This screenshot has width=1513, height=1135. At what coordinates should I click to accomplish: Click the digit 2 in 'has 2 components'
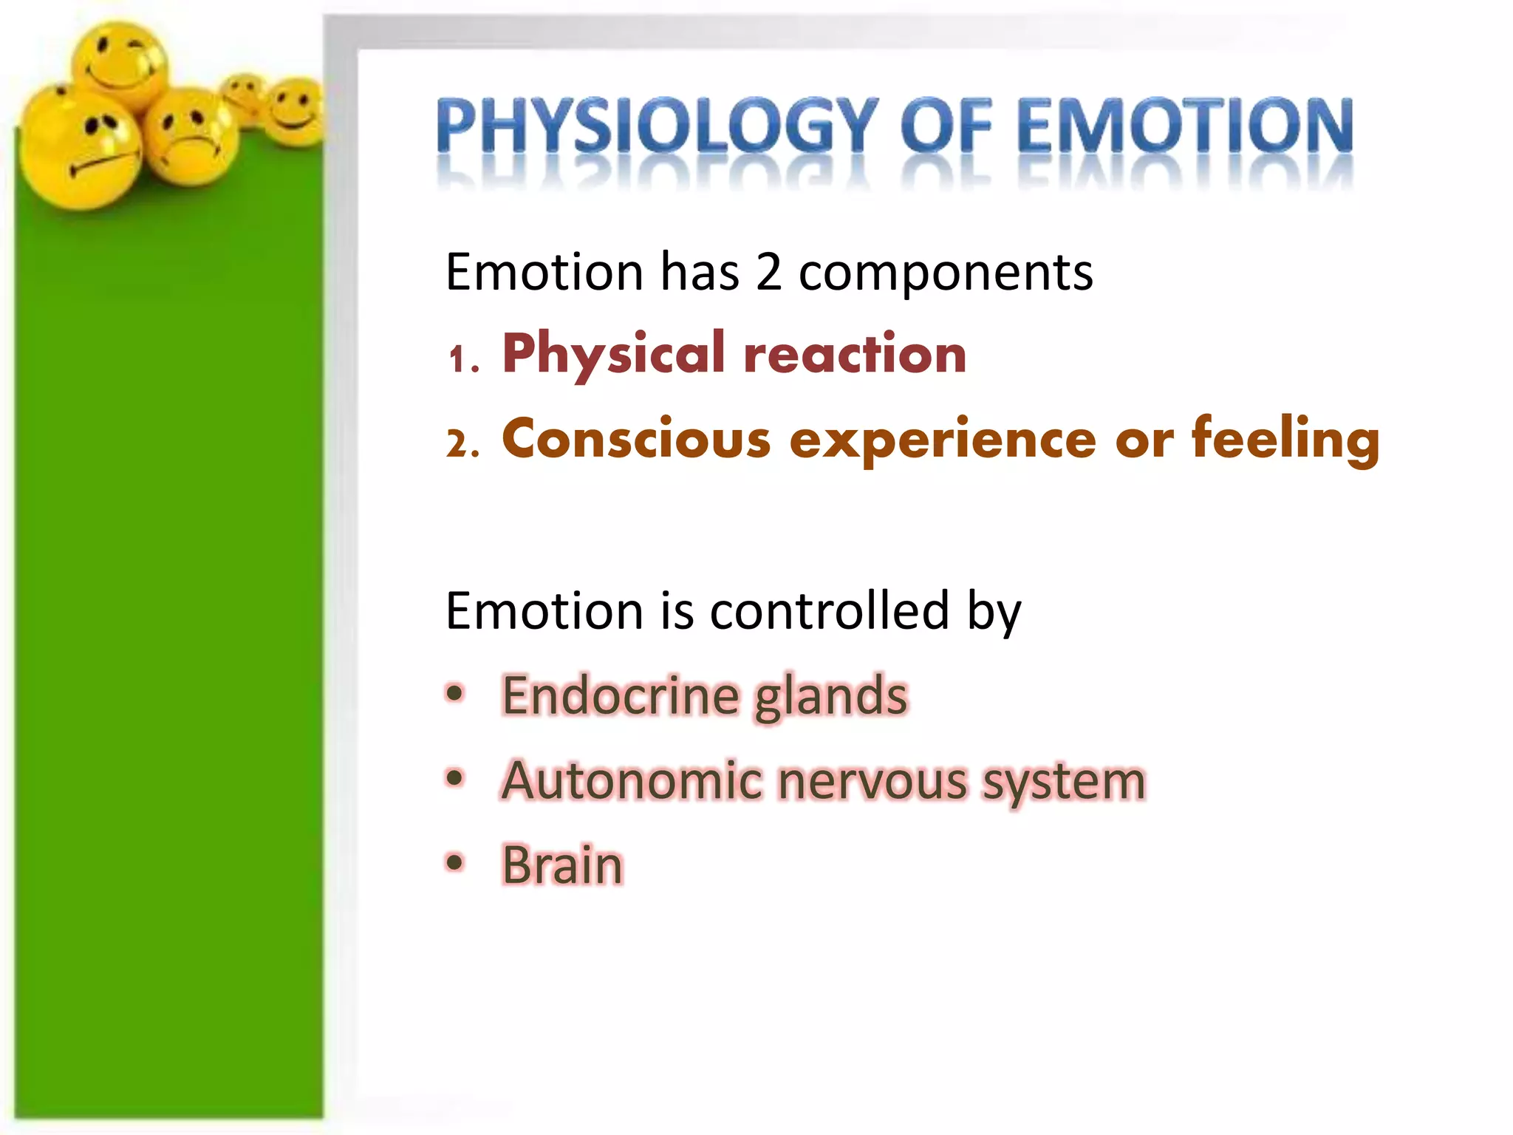768,272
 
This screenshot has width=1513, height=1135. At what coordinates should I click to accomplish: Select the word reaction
855,355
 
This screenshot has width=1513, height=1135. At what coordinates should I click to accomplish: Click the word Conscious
636,440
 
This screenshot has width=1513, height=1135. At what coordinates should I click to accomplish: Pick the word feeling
1285,440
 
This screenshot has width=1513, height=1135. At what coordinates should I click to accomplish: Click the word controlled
829,611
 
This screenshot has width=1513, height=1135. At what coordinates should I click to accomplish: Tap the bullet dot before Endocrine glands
455,694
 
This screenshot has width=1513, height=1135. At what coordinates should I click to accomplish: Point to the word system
1064,783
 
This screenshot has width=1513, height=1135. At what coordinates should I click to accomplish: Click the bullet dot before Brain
455,862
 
